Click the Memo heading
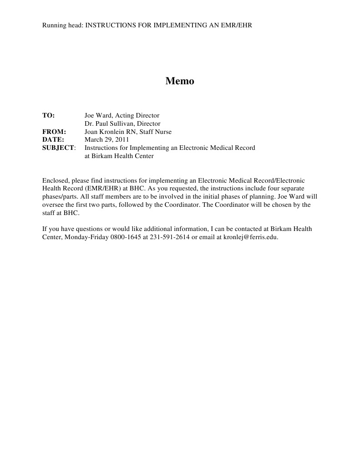pos(180,81)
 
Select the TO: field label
pos(48,116)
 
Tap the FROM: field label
pos(54,132)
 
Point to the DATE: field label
pos(53,140)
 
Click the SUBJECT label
pos(58,148)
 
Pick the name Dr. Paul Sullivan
pos(109,124)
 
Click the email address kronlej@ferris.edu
pos(250,237)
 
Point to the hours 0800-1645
pos(126,237)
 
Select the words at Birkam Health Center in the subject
pos(119,156)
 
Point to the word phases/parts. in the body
pos(60,197)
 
